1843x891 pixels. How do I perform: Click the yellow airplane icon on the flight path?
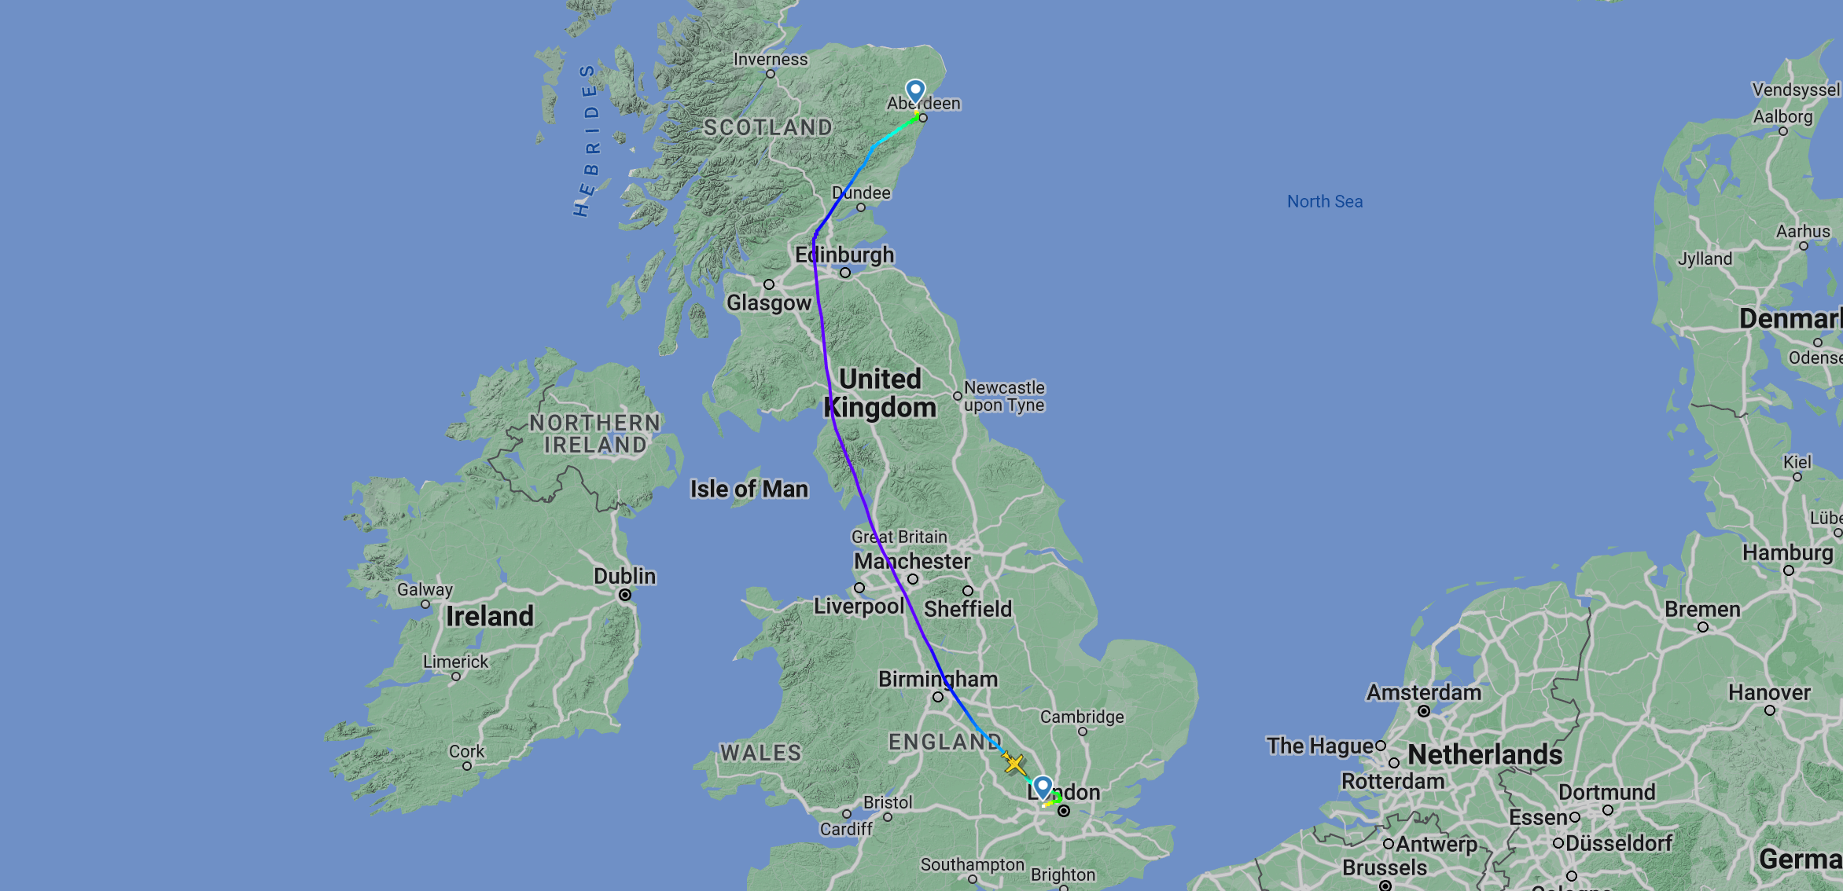pos(1013,763)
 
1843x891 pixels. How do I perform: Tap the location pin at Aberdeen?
pos(915,91)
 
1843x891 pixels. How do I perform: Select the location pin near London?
pos(1043,786)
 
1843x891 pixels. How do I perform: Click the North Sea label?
pos(1325,202)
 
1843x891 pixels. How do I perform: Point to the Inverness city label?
pos(771,60)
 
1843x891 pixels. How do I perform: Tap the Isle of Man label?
pos(749,489)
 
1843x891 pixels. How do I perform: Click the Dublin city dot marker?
pos(625,595)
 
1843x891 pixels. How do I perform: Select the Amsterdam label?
pos(1424,692)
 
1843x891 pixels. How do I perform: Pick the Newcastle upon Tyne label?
pos(1004,396)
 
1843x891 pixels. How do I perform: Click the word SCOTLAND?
pos(767,127)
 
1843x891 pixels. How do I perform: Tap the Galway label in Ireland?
pos(425,589)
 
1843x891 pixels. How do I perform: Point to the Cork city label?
pos(467,751)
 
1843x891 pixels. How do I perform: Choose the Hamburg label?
pos(1788,552)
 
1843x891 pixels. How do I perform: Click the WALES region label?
pos(760,753)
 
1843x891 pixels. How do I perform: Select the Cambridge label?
pos(1082,717)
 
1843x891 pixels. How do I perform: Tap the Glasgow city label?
pos(769,302)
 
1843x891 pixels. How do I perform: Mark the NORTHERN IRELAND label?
pos(595,434)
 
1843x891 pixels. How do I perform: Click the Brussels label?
pos(1385,867)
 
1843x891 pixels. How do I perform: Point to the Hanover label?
pos(1769,692)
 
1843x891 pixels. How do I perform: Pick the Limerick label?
pos(456,662)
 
